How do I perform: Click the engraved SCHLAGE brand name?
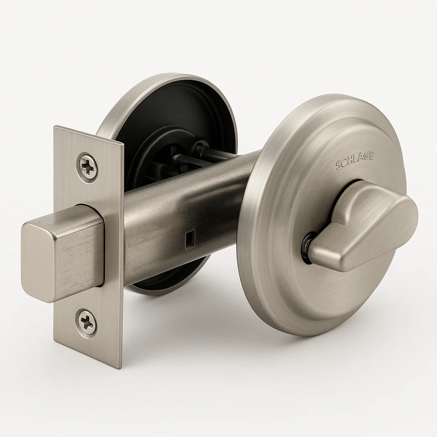(x=355, y=161)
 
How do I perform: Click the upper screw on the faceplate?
(x=87, y=166)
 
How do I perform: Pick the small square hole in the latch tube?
(x=189, y=236)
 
